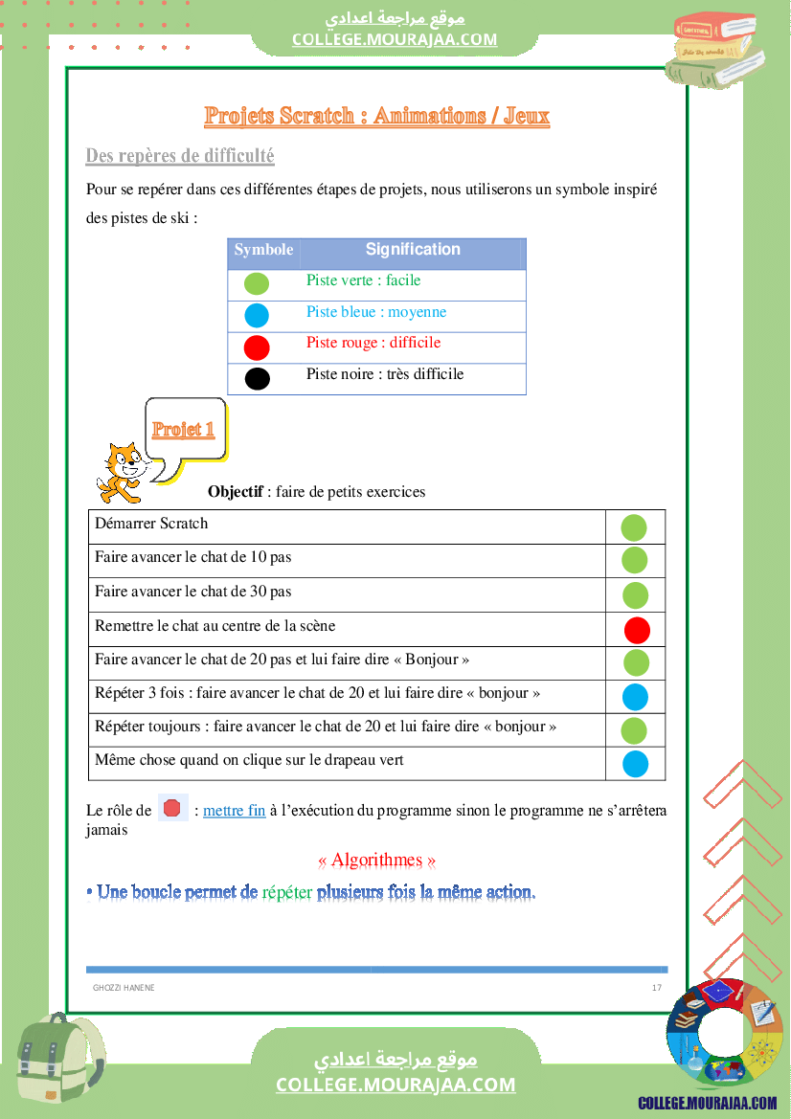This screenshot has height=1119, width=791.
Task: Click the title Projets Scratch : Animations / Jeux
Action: click(x=376, y=117)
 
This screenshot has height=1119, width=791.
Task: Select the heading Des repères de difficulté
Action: click(x=180, y=155)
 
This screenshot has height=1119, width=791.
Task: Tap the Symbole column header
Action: click(x=263, y=250)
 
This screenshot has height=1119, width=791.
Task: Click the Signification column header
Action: click(x=413, y=250)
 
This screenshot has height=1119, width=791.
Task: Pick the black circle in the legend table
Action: click(x=257, y=378)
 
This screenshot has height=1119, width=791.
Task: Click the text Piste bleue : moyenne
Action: click(x=376, y=312)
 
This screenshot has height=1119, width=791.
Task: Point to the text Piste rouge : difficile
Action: click(x=373, y=343)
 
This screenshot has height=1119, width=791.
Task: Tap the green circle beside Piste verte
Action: click(x=257, y=283)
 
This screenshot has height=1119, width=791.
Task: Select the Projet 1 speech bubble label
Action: click(x=183, y=429)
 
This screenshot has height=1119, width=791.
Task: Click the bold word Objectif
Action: click(x=236, y=492)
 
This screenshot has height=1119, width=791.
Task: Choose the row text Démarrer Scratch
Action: click(x=151, y=524)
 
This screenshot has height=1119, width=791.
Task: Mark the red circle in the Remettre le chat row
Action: click(x=637, y=630)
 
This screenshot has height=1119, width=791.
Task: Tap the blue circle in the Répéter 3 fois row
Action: click(x=635, y=697)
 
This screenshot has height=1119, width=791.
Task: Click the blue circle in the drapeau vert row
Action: click(x=635, y=764)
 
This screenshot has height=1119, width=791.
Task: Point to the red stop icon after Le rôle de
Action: click(x=172, y=809)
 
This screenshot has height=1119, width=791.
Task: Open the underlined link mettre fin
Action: click(x=235, y=811)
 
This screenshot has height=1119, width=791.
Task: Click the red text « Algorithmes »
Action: click(x=376, y=861)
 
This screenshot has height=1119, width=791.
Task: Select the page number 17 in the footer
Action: click(x=656, y=988)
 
